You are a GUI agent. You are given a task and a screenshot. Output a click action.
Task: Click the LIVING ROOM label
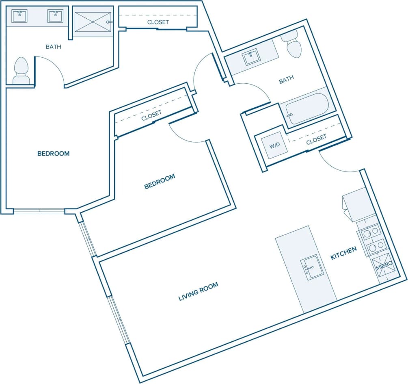pyautogui.click(x=198, y=291)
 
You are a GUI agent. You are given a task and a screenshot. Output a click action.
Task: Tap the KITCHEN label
pyautogui.click(x=343, y=253)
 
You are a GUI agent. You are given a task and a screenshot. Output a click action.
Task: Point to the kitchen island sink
pyautogui.click(x=312, y=267)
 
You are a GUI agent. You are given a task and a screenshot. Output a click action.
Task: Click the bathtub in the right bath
pyautogui.click(x=307, y=108)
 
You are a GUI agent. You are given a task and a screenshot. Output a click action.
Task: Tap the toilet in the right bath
pyautogui.click(x=293, y=46)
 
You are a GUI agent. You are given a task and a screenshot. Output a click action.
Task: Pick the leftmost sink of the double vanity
pyautogui.click(x=19, y=16)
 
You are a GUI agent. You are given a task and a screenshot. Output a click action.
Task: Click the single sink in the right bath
pyautogui.click(x=251, y=58)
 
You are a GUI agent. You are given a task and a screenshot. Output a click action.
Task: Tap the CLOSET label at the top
pyautogui.click(x=158, y=22)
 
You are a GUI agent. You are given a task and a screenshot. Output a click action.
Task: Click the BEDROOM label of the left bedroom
pyautogui.click(x=53, y=154)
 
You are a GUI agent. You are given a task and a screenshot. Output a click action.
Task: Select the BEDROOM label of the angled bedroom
pyautogui.click(x=160, y=181)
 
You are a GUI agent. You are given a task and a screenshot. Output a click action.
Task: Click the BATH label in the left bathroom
pyautogui.click(x=53, y=47)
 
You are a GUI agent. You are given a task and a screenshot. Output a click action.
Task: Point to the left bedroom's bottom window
pyautogui.click(x=39, y=211)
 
